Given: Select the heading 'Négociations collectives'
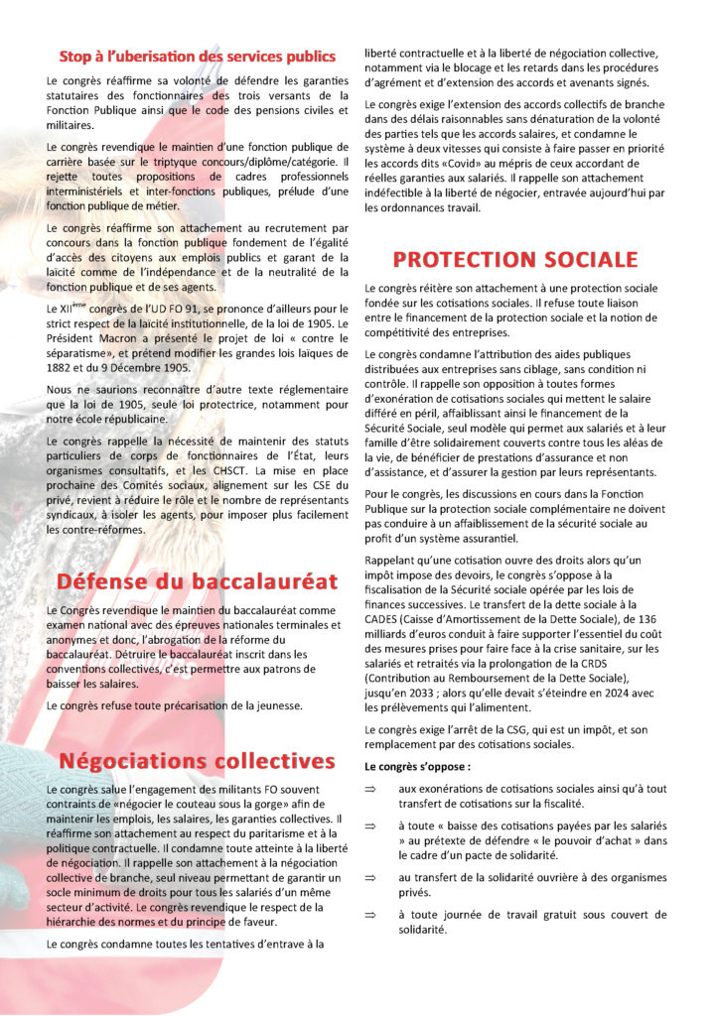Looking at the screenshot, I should click(x=197, y=762).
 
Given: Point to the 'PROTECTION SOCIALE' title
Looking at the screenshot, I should click(x=514, y=261).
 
